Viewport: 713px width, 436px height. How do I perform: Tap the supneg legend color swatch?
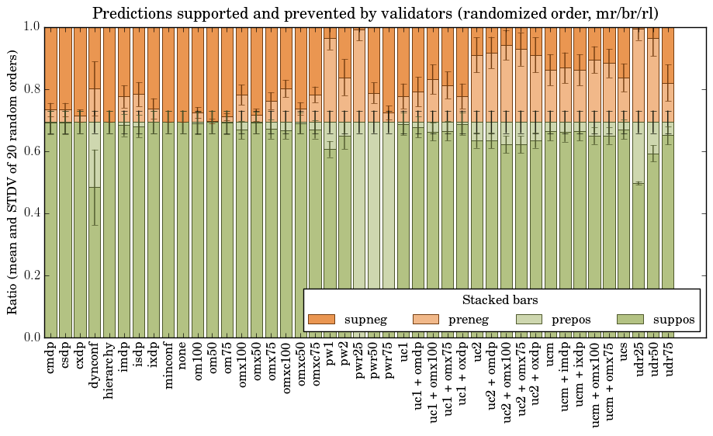pos(321,319)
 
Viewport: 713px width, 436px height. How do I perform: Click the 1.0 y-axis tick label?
pos(31,27)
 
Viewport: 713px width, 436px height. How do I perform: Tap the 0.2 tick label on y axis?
pos(31,275)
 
